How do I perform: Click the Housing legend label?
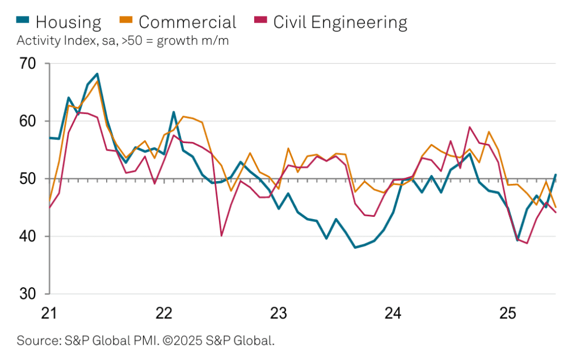pyautogui.click(x=68, y=22)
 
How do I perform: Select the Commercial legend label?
pyautogui.click(x=187, y=22)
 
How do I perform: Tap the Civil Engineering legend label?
pyautogui.click(x=340, y=22)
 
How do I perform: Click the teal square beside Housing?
pyautogui.click(x=24, y=22)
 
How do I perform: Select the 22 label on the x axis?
pyautogui.click(x=164, y=313)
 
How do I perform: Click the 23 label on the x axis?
pyautogui.click(x=279, y=313)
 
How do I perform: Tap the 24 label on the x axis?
pyautogui.click(x=393, y=313)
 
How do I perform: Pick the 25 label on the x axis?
pyautogui.click(x=507, y=313)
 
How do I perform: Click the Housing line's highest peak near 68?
pyautogui.click(x=98, y=74)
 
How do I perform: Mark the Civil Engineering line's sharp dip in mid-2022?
pyautogui.click(x=221, y=236)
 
